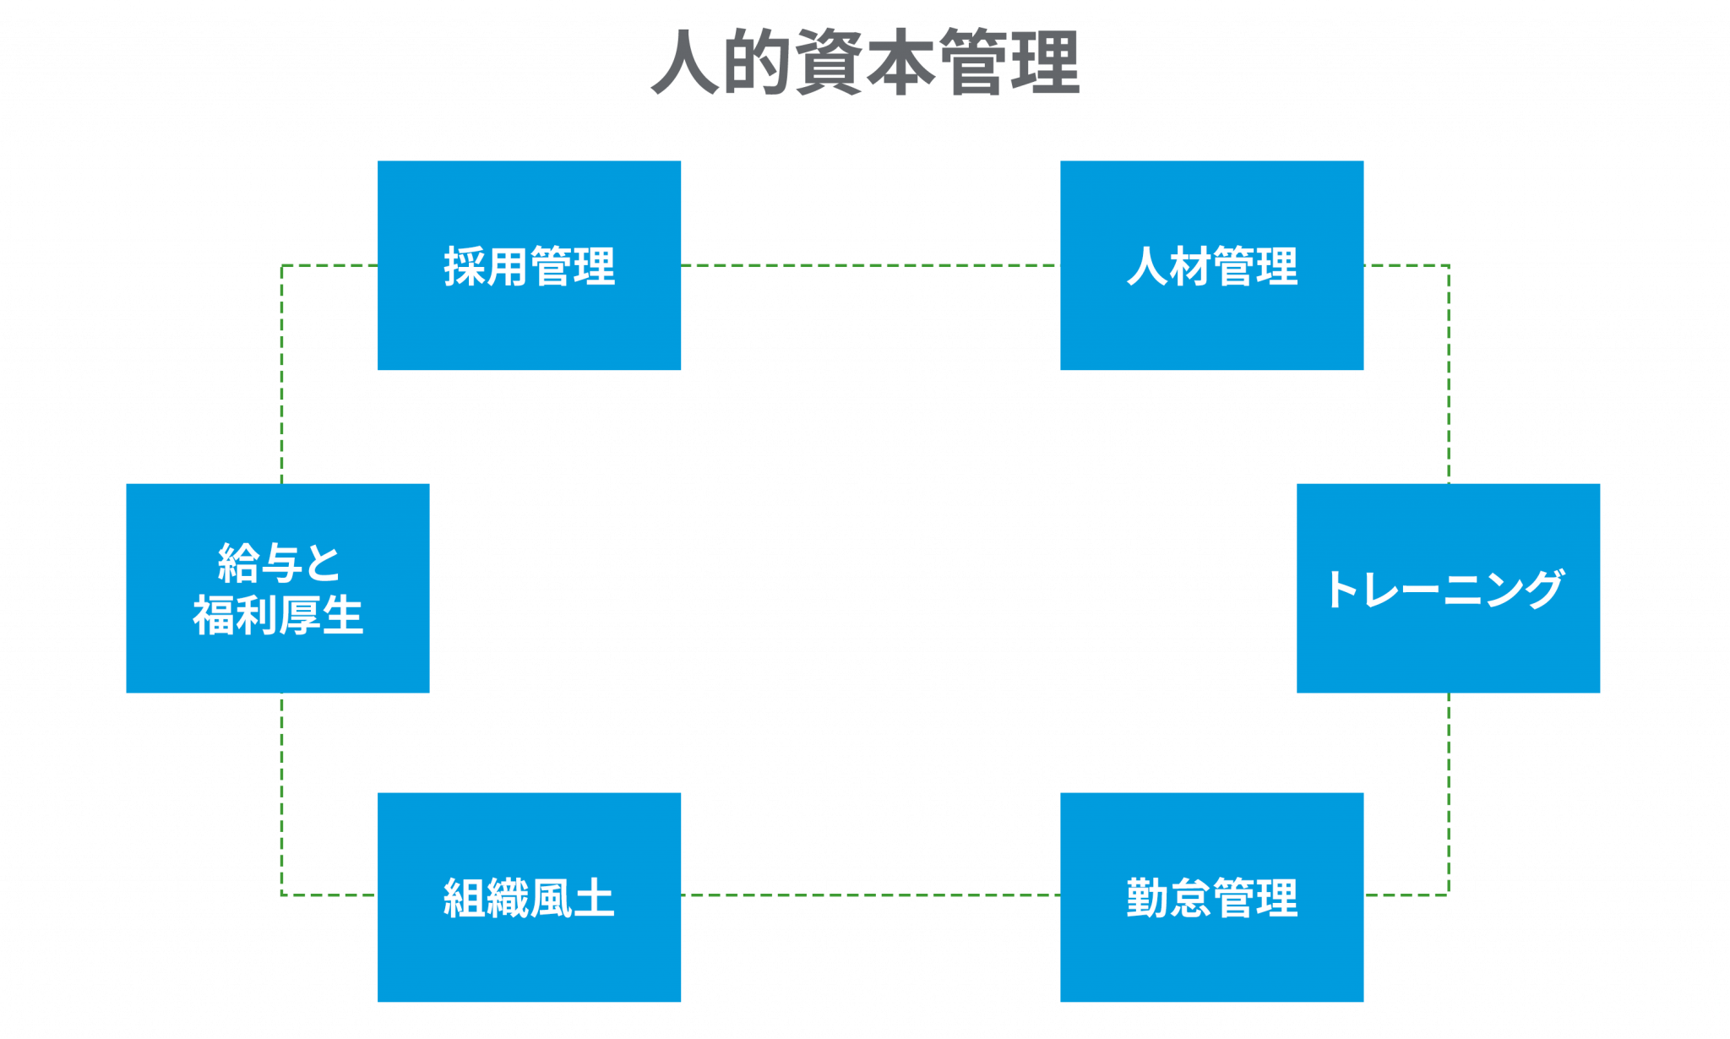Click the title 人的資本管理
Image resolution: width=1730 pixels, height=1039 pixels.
(x=866, y=62)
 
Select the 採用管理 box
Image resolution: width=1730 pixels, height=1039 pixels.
(x=529, y=265)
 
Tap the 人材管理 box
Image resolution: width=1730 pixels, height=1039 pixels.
(x=1211, y=265)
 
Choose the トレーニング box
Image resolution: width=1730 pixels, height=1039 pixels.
(x=1448, y=588)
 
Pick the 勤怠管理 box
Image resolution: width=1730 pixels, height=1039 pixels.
(x=1211, y=897)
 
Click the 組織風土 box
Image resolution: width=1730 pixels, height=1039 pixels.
(x=529, y=897)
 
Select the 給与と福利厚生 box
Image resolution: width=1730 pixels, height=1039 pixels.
(x=278, y=588)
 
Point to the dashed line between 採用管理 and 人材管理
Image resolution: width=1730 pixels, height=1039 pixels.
(x=870, y=265)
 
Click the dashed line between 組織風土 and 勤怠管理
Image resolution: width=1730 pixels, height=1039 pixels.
(x=870, y=895)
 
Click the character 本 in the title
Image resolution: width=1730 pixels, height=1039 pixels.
(x=901, y=62)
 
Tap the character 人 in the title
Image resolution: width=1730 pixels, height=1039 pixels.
(x=686, y=62)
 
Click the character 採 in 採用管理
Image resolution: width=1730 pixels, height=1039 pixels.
(x=465, y=266)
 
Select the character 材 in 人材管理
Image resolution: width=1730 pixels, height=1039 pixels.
(x=1190, y=266)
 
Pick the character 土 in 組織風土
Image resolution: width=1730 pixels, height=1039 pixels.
(x=594, y=898)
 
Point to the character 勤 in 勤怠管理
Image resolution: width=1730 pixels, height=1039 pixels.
(x=1148, y=898)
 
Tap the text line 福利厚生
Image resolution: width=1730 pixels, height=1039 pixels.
(x=278, y=615)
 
